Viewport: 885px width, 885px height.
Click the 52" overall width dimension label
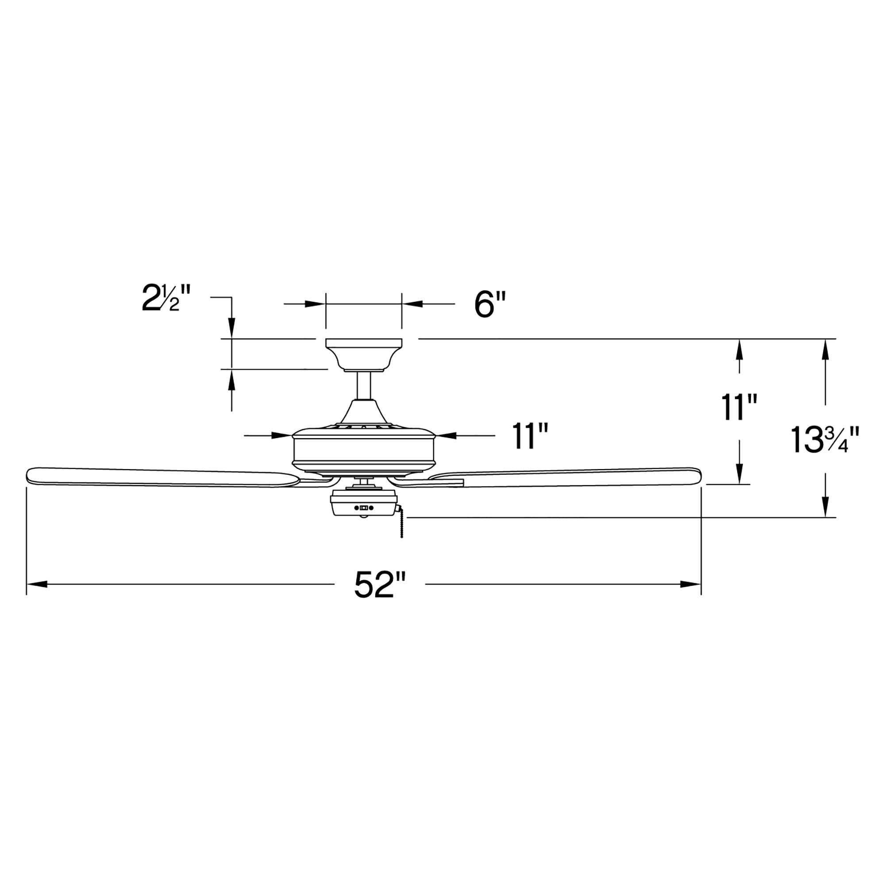(x=380, y=585)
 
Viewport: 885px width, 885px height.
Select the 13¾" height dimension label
(x=823, y=440)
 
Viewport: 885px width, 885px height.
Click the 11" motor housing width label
(x=530, y=436)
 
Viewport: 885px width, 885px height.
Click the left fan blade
(x=160, y=477)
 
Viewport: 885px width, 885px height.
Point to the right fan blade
(x=568, y=477)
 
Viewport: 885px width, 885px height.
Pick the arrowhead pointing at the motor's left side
(x=283, y=435)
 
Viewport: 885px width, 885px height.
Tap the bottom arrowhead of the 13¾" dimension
(x=825, y=508)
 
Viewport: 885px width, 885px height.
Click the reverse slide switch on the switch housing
(x=364, y=508)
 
